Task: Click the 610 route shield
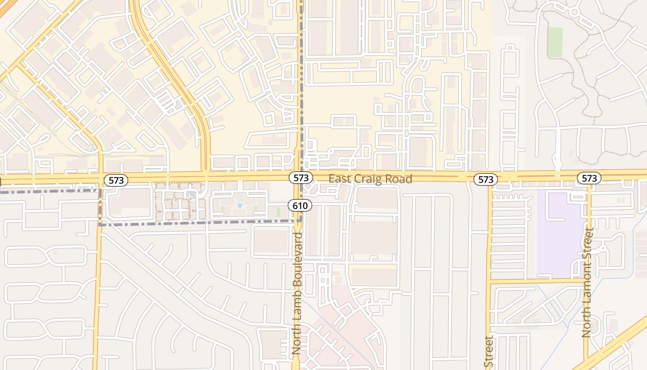coord(300,204)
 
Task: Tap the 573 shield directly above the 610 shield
coord(300,178)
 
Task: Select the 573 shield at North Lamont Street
coord(589,178)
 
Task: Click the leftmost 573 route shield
coord(116,180)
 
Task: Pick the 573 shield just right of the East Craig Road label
coord(486,179)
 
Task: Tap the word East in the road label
coord(340,179)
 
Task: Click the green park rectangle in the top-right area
coord(555,43)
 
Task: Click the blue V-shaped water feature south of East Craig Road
coord(239,203)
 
